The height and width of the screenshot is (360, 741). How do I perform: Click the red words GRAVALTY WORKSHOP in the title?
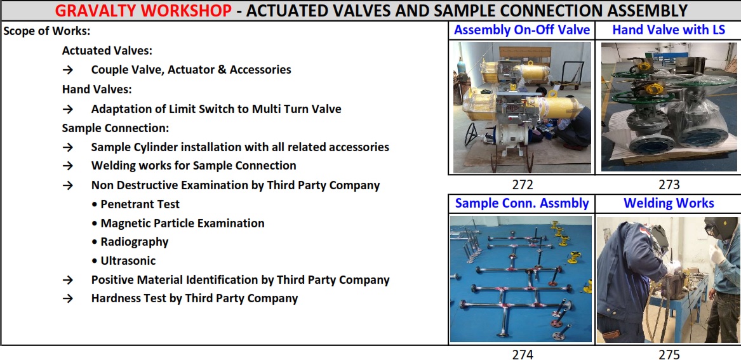pos(144,10)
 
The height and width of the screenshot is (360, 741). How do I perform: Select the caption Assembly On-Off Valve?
pos(522,30)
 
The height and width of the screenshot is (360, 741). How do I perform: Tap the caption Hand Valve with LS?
pos(669,30)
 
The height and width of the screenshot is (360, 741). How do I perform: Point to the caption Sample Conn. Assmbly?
pos(522,204)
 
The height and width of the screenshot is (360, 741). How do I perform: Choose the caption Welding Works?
pos(669,203)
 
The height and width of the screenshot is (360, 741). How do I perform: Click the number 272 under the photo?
pos(522,185)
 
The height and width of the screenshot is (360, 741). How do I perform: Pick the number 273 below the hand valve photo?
pos(669,185)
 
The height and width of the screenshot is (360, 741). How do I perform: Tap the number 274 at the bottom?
pos(522,354)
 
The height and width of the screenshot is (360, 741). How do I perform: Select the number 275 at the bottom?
pos(669,354)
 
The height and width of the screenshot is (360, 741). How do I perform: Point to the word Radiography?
pos(134,242)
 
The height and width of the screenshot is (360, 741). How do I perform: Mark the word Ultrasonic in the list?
pos(128,260)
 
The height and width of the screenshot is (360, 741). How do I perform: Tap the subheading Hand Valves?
pos(97,89)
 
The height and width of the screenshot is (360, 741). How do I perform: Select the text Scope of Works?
pos(47,32)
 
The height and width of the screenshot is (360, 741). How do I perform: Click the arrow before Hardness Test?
pos(68,299)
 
